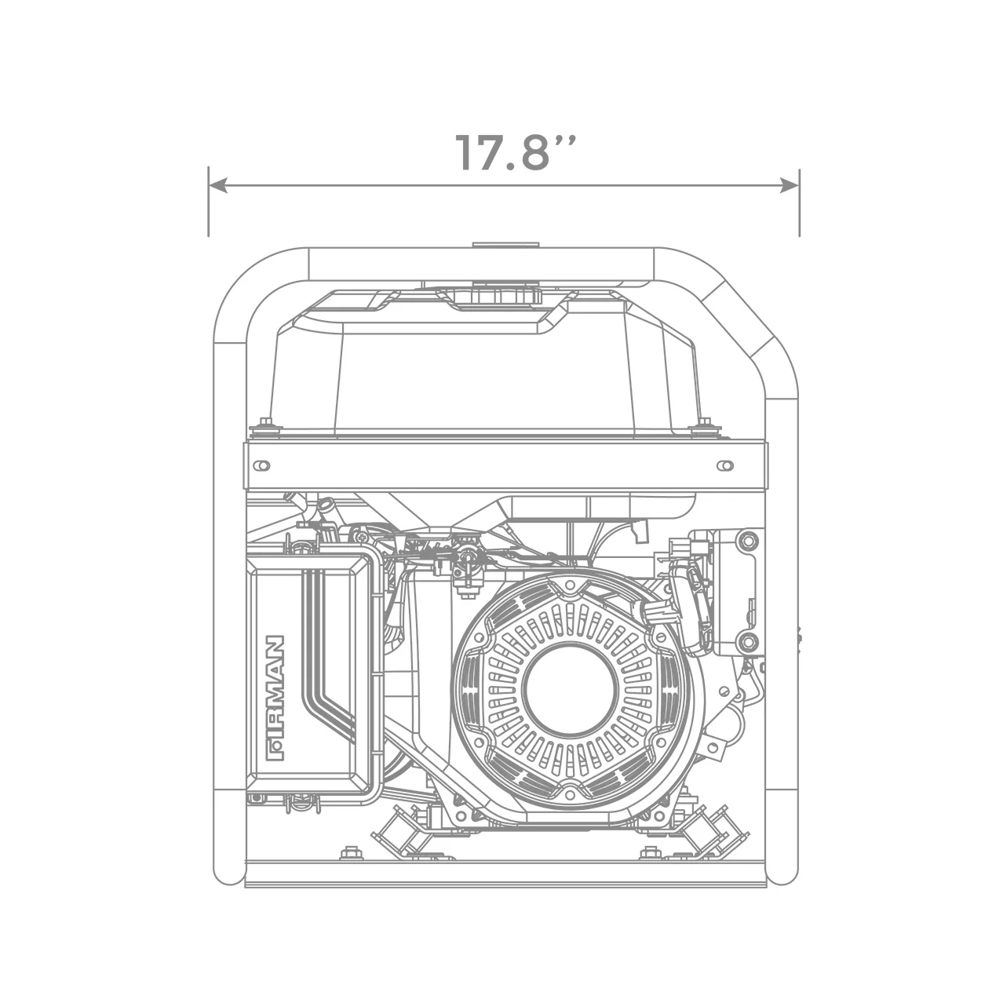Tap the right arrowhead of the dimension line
(790, 186)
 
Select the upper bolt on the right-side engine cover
(747, 539)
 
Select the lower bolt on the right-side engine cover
(747, 641)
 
